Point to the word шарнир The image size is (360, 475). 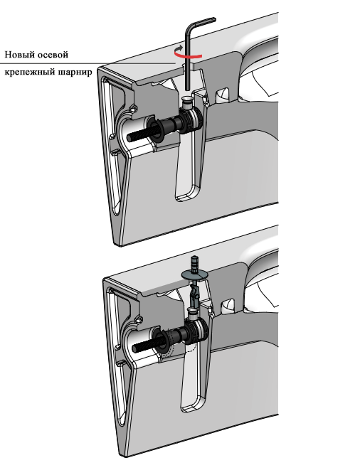tap(75, 73)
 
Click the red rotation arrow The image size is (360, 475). tap(187, 55)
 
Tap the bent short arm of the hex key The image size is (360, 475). tap(203, 22)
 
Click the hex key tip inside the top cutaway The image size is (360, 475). tap(188, 88)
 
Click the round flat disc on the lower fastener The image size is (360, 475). tap(194, 274)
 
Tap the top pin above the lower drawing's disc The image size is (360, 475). tap(194, 262)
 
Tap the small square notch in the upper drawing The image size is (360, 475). tap(223, 94)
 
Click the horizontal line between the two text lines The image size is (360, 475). tap(88, 63)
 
